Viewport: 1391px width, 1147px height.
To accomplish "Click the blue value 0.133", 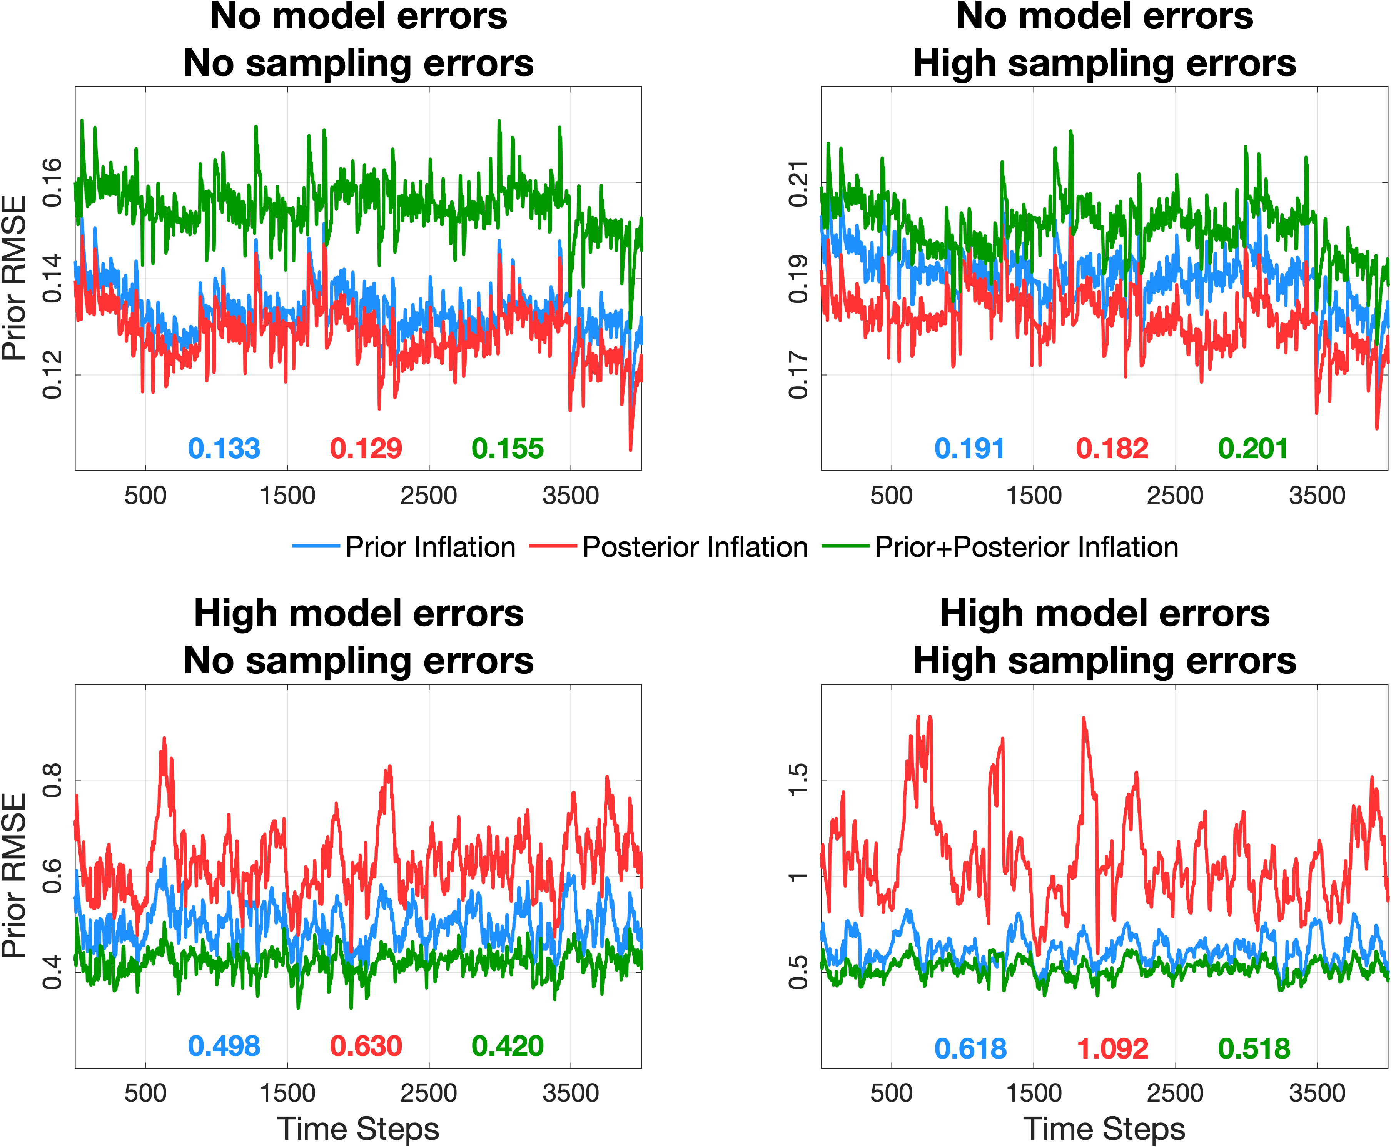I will [x=224, y=449].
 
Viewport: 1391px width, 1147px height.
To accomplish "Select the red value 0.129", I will [x=366, y=449].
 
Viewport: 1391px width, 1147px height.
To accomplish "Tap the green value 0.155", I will [x=508, y=449].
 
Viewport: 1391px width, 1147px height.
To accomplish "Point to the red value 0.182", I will [x=1112, y=449].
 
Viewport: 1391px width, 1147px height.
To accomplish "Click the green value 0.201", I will [x=1254, y=449].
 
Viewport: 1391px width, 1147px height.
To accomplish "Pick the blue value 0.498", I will [x=224, y=1046].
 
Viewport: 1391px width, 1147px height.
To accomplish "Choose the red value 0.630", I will [x=366, y=1046].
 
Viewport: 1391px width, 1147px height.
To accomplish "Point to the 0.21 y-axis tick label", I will [x=798, y=183].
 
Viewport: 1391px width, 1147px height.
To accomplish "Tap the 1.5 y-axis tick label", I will [x=798, y=780].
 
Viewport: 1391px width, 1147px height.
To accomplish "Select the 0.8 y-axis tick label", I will [x=52, y=780].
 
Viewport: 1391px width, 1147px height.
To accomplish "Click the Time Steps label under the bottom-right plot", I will [x=1104, y=1129].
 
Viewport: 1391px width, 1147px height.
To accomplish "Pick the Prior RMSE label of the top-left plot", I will [x=15, y=277].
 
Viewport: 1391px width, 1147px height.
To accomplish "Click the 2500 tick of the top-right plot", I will [x=1175, y=496].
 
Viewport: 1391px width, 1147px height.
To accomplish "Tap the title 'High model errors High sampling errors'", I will [x=1104, y=637].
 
